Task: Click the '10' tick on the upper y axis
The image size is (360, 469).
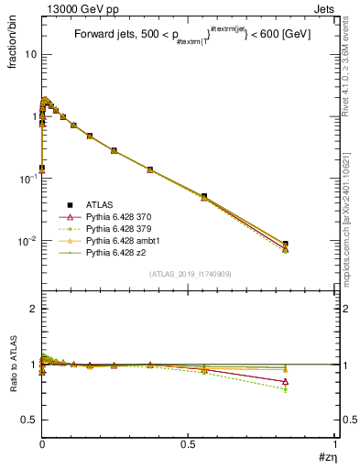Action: [x=29, y=54]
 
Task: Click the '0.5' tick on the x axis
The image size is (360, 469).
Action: [x=189, y=446]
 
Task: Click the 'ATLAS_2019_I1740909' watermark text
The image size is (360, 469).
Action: [x=189, y=274]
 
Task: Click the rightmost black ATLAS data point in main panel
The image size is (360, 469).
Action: [x=311, y=245]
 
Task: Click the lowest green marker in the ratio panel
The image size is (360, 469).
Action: [x=311, y=389]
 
